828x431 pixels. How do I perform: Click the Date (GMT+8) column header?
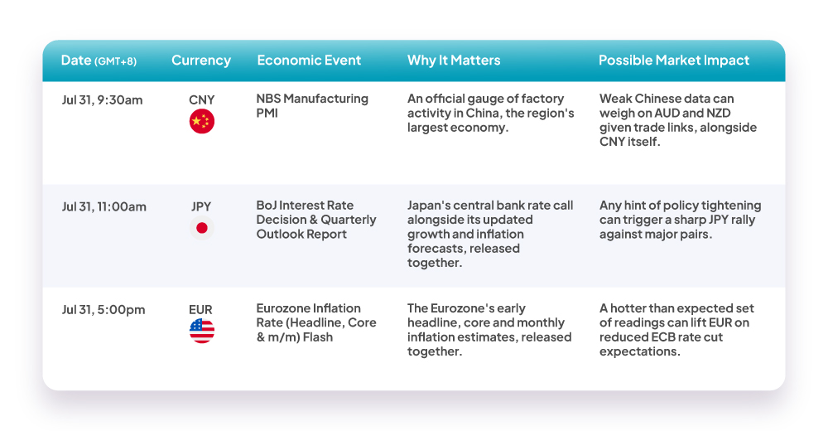[99, 61]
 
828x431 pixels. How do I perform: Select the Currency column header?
[201, 61]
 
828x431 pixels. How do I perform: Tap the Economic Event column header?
[309, 61]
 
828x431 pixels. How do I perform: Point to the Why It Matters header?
[454, 61]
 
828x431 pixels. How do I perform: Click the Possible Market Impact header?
[674, 61]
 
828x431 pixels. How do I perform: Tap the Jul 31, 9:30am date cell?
[102, 100]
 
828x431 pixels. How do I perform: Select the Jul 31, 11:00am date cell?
[104, 206]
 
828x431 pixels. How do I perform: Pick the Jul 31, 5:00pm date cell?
[103, 310]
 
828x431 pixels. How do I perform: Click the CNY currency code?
[202, 100]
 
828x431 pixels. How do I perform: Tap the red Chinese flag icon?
[202, 122]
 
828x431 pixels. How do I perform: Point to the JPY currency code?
[201, 206]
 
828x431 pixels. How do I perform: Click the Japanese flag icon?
[202, 228]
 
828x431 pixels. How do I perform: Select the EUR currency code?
[200, 310]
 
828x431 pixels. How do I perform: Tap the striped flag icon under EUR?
[202, 331]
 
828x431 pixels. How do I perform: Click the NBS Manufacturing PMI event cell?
[312, 106]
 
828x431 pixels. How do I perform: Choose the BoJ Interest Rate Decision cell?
[316, 220]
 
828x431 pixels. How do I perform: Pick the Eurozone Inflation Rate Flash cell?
[316, 322]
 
